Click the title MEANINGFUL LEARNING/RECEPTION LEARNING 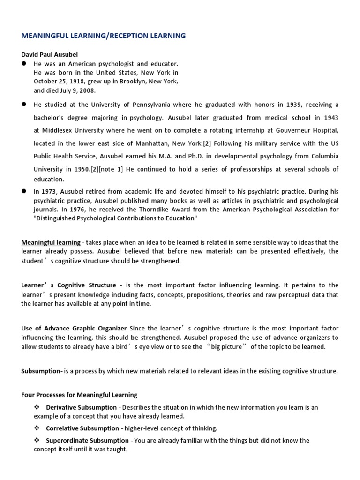point(103,36)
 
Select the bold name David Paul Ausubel point(49,54)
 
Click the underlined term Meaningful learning point(51,242)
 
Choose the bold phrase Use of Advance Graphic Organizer point(74,329)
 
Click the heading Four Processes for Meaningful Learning point(79,395)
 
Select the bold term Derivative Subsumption point(82,407)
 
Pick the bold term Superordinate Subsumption point(87,440)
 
